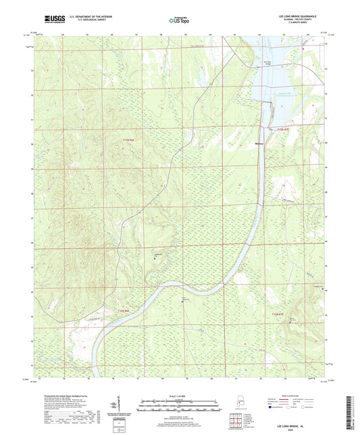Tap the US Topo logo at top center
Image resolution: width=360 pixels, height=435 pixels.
pos(179,21)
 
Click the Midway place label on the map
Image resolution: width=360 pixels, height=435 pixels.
pos(261,143)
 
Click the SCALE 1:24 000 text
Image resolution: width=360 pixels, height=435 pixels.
pos(179,395)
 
